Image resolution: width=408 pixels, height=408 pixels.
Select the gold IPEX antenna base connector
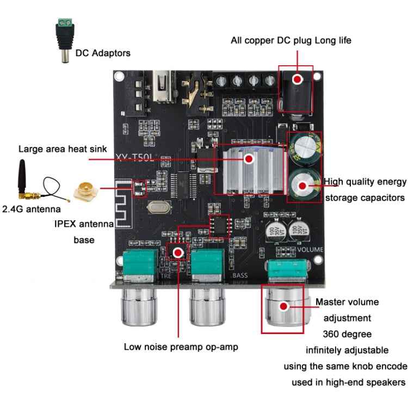(x=90, y=191)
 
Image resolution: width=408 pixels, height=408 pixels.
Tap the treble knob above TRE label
(x=139, y=307)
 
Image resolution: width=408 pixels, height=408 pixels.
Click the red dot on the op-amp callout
(x=178, y=252)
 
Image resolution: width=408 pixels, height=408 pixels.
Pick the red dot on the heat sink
(x=249, y=159)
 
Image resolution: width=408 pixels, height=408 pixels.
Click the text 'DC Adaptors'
(x=103, y=53)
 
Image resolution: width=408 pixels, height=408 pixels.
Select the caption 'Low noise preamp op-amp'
(x=181, y=346)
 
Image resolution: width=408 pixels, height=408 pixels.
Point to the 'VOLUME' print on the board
(x=310, y=249)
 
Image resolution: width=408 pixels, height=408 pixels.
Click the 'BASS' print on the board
(x=240, y=275)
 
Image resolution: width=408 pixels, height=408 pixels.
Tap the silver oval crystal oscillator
(x=158, y=207)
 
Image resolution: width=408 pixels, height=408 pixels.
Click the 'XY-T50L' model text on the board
(x=135, y=157)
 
